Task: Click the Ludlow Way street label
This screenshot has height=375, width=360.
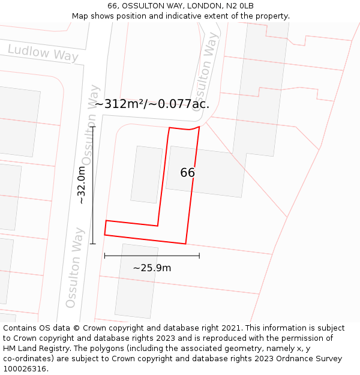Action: pyautogui.click(x=43, y=53)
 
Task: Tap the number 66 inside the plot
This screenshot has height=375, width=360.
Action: pyautogui.click(x=187, y=173)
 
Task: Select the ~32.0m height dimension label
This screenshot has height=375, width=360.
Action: pyautogui.click(x=82, y=185)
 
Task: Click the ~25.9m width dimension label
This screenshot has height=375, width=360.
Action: pyautogui.click(x=152, y=268)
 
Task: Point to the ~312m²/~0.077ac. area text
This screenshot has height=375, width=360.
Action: pyautogui.click(x=152, y=104)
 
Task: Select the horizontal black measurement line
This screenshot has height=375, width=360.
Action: pyautogui.click(x=152, y=256)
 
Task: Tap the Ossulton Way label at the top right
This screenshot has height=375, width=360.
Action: pyautogui.click(x=205, y=71)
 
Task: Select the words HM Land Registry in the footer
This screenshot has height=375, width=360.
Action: pyautogui.click(x=35, y=349)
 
